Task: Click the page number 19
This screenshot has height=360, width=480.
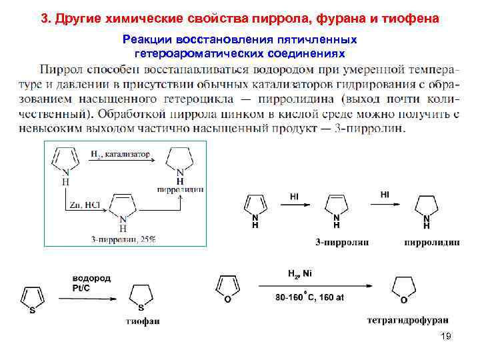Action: [446, 337]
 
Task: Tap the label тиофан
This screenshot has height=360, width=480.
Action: [142, 322]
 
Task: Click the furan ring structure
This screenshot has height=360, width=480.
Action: [227, 287]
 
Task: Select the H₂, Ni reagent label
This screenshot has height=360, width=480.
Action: [299, 273]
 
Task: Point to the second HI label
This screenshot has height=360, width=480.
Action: [385, 194]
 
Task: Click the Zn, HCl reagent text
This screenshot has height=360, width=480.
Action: [84, 205]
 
